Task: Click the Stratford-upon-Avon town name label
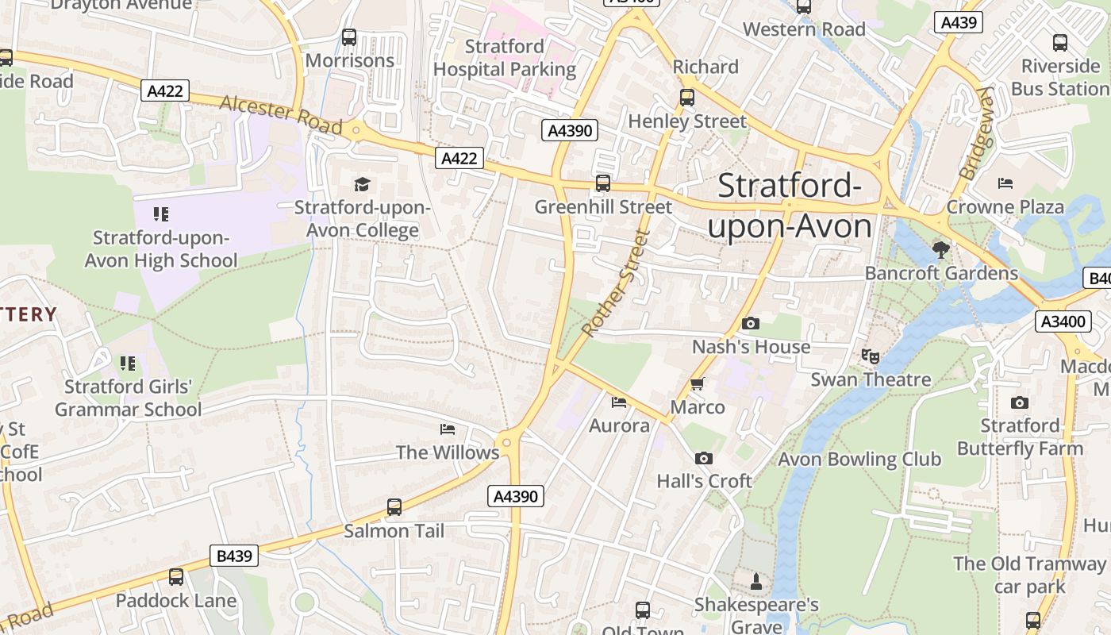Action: pyautogui.click(x=790, y=206)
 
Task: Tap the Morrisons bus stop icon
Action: pyautogui.click(x=349, y=37)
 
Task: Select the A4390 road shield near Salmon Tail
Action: pyautogui.click(x=516, y=496)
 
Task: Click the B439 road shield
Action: pyautogui.click(x=235, y=556)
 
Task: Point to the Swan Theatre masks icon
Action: pyautogui.click(x=871, y=356)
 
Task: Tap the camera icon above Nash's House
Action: pyautogui.click(x=750, y=323)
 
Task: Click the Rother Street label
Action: pyautogui.click(x=616, y=283)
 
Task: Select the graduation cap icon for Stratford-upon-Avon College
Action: pyautogui.click(x=363, y=184)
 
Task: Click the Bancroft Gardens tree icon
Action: pyautogui.click(x=941, y=250)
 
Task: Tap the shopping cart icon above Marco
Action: pyautogui.click(x=698, y=384)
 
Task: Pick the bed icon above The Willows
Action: pyautogui.click(x=448, y=429)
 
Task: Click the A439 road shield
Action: pyautogui.click(x=958, y=22)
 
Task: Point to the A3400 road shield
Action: pyautogui.click(x=1063, y=321)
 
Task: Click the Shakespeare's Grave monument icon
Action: pyautogui.click(x=756, y=581)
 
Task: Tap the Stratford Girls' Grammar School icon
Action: pyautogui.click(x=128, y=364)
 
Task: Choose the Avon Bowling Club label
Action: pyautogui.click(x=859, y=459)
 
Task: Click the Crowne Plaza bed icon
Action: pyautogui.click(x=1005, y=183)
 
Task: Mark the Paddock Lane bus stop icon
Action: pyautogui.click(x=176, y=577)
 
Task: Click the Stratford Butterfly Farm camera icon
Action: pyautogui.click(x=1020, y=402)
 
